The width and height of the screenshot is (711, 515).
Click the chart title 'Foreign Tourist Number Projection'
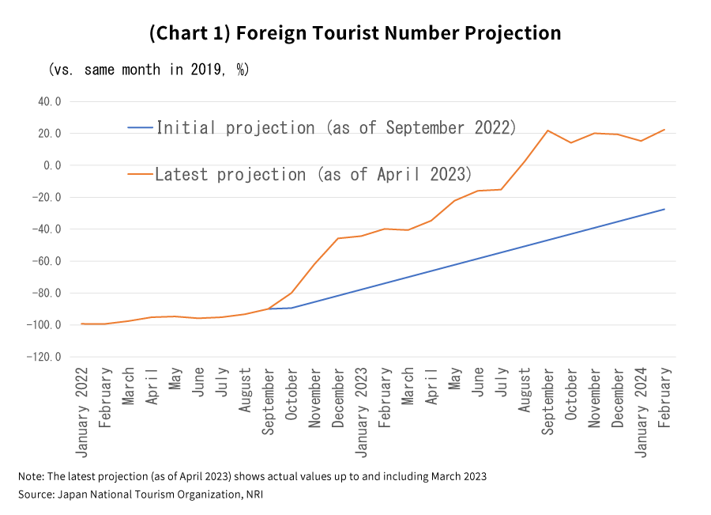(355, 33)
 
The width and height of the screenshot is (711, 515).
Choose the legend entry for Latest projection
(313, 174)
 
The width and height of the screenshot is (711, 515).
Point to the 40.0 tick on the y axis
(49, 101)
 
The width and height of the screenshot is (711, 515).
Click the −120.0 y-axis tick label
(46, 357)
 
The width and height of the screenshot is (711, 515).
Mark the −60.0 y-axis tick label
(48, 261)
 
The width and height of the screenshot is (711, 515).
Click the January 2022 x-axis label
(82, 411)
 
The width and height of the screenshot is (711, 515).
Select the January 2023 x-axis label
(362, 411)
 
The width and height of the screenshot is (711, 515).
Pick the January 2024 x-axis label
(641, 411)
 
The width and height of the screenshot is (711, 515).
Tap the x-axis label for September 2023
(548, 400)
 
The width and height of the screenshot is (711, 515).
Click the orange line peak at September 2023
(548, 131)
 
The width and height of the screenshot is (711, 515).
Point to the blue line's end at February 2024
(664, 209)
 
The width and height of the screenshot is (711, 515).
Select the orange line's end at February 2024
(664, 129)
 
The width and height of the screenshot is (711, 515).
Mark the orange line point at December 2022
(338, 238)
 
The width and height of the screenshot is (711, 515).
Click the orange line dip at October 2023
(571, 142)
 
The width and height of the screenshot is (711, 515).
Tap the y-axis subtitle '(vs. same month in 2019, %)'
(149, 70)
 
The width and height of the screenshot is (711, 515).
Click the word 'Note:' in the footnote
(32, 476)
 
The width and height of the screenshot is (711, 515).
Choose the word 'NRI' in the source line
(254, 494)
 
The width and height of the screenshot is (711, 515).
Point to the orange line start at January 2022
(82, 324)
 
